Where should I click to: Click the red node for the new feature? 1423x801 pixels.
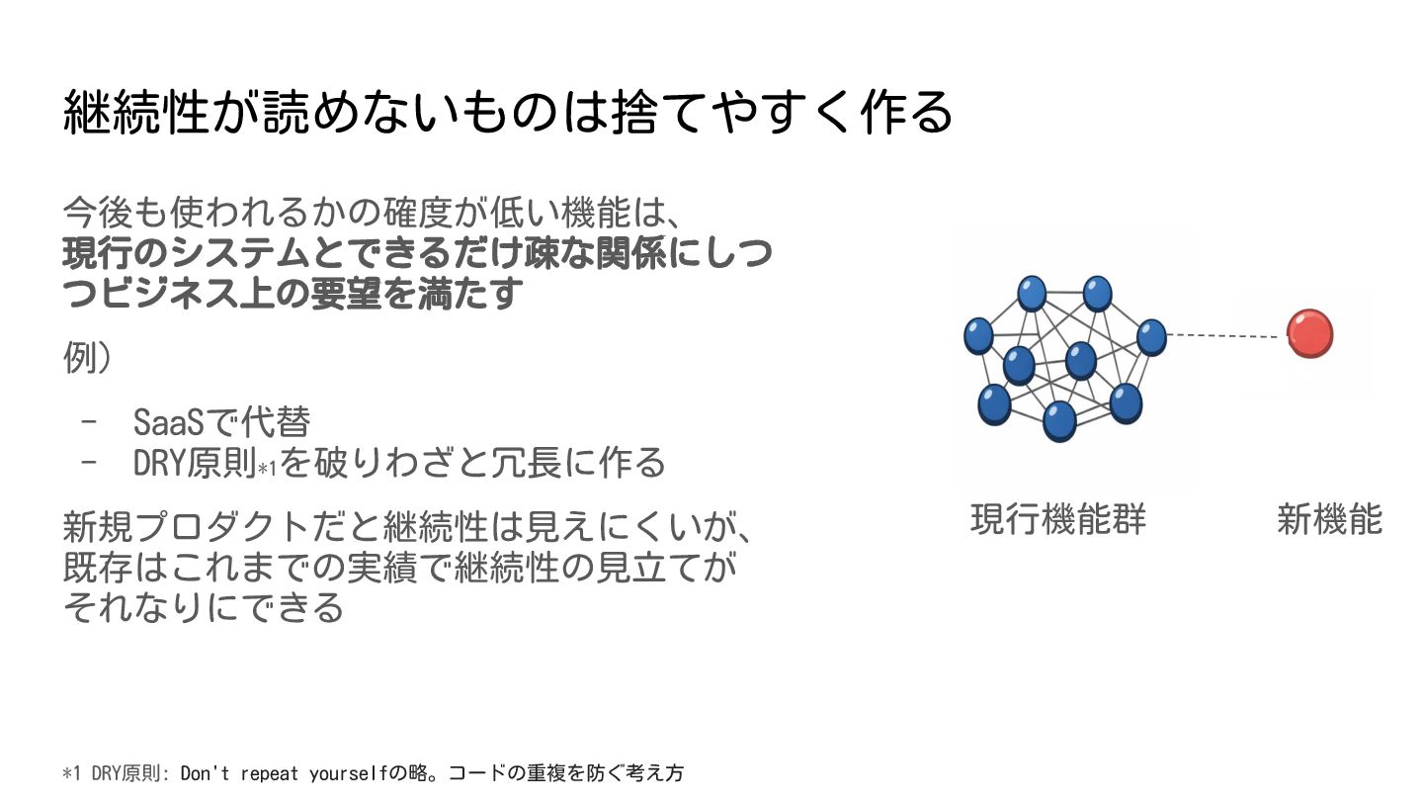(x=1309, y=333)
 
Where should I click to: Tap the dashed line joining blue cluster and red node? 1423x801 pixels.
(x=1225, y=336)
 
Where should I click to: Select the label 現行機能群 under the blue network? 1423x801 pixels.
(x=1057, y=519)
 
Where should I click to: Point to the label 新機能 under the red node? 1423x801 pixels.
(x=1329, y=519)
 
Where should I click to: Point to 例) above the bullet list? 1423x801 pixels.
(x=86, y=358)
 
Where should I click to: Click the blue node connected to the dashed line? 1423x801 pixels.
(x=1151, y=337)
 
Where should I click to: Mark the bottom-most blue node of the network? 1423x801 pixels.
(x=1059, y=420)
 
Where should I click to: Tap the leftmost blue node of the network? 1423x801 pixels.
(x=978, y=335)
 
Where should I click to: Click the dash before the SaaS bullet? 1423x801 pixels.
(x=91, y=423)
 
